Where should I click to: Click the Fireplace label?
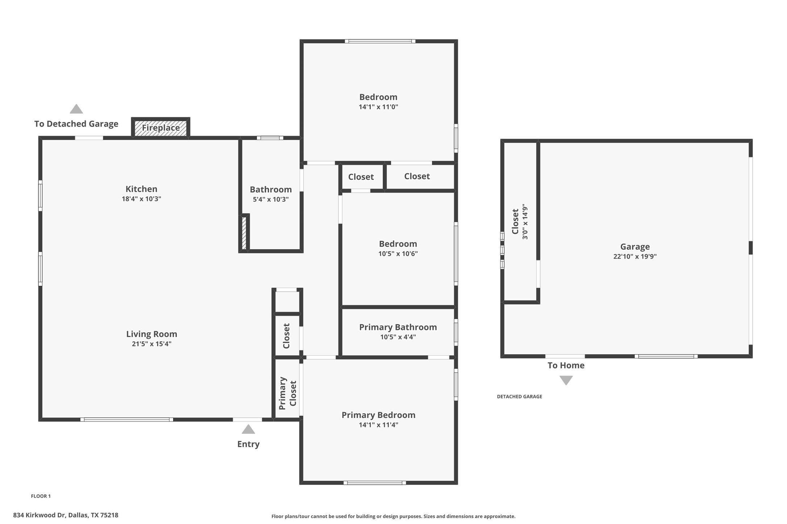161,128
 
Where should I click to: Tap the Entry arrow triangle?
248,430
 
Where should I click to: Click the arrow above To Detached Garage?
76,109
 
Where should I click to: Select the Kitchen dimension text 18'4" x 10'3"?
141,199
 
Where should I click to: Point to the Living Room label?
151,334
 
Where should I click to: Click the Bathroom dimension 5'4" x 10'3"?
271,199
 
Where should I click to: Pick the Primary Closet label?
288,393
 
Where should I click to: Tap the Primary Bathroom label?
398,327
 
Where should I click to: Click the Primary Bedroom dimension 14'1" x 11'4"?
378,425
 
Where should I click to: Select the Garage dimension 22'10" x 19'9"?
635,256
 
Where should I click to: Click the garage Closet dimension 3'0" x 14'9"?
525,221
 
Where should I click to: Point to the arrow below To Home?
566,380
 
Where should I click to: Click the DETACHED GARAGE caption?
519,397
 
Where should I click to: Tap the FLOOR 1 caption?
41,496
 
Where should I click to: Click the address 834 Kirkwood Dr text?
66,515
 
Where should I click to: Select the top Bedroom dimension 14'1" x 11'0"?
378,107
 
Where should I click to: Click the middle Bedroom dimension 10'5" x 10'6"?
398,254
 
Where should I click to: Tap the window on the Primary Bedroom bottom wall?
375,483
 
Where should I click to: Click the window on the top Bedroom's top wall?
380,41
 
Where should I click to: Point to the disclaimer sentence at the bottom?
393,516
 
